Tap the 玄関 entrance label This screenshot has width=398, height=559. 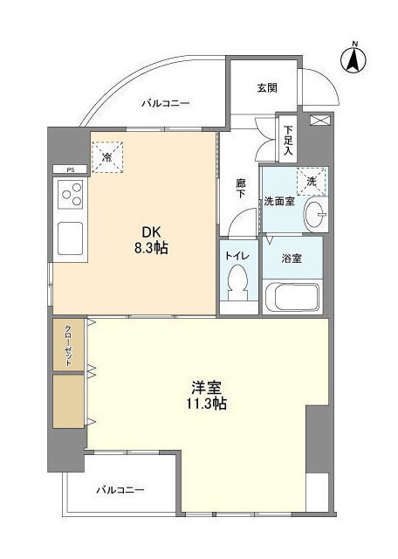(x=266, y=87)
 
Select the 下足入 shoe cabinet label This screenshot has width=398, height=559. (x=288, y=138)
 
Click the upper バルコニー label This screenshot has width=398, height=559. (x=166, y=104)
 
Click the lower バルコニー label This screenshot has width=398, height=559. (x=120, y=490)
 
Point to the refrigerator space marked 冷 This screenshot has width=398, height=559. (x=107, y=158)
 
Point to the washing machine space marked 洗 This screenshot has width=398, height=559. (x=311, y=181)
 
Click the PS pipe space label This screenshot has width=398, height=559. (x=70, y=169)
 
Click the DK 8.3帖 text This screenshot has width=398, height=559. (x=149, y=240)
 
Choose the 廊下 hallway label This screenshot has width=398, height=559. (x=241, y=190)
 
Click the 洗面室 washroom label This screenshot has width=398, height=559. (x=279, y=201)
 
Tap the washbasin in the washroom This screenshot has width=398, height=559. (x=319, y=212)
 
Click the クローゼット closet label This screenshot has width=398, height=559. (x=68, y=346)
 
